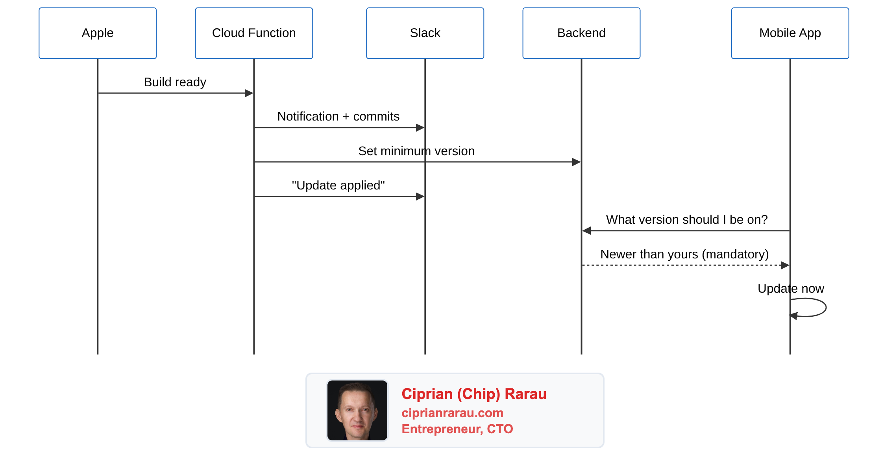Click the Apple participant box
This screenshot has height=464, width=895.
click(x=98, y=33)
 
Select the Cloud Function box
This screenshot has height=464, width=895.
click(x=254, y=33)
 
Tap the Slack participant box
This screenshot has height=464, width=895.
click(x=425, y=33)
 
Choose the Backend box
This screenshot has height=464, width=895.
click(x=581, y=33)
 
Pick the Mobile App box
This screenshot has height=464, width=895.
click(x=790, y=33)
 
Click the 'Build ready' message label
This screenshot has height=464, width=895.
click(x=175, y=82)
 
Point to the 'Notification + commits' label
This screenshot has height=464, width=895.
click(x=338, y=117)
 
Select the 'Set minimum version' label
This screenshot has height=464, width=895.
click(x=416, y=151)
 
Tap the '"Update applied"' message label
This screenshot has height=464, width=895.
click(x=338, y=186)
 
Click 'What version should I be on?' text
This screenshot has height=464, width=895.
click(x=686, y=220)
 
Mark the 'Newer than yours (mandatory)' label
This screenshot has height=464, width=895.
click(x=684, y=254)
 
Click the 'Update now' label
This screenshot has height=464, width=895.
click(x=790, y=289)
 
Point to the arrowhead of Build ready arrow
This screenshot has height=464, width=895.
click(x=249, y=93)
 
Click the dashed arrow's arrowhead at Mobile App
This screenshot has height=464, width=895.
click(x=785, y=265)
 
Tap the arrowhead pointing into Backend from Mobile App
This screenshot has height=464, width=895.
click(x=587, y=231)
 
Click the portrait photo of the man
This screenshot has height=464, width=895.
click(x=357, y=410)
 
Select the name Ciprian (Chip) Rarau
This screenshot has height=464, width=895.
click(x=474, y=394)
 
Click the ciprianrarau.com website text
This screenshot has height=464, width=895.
click(x=452, y=413)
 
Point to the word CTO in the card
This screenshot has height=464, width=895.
click(x=500, y=429)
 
